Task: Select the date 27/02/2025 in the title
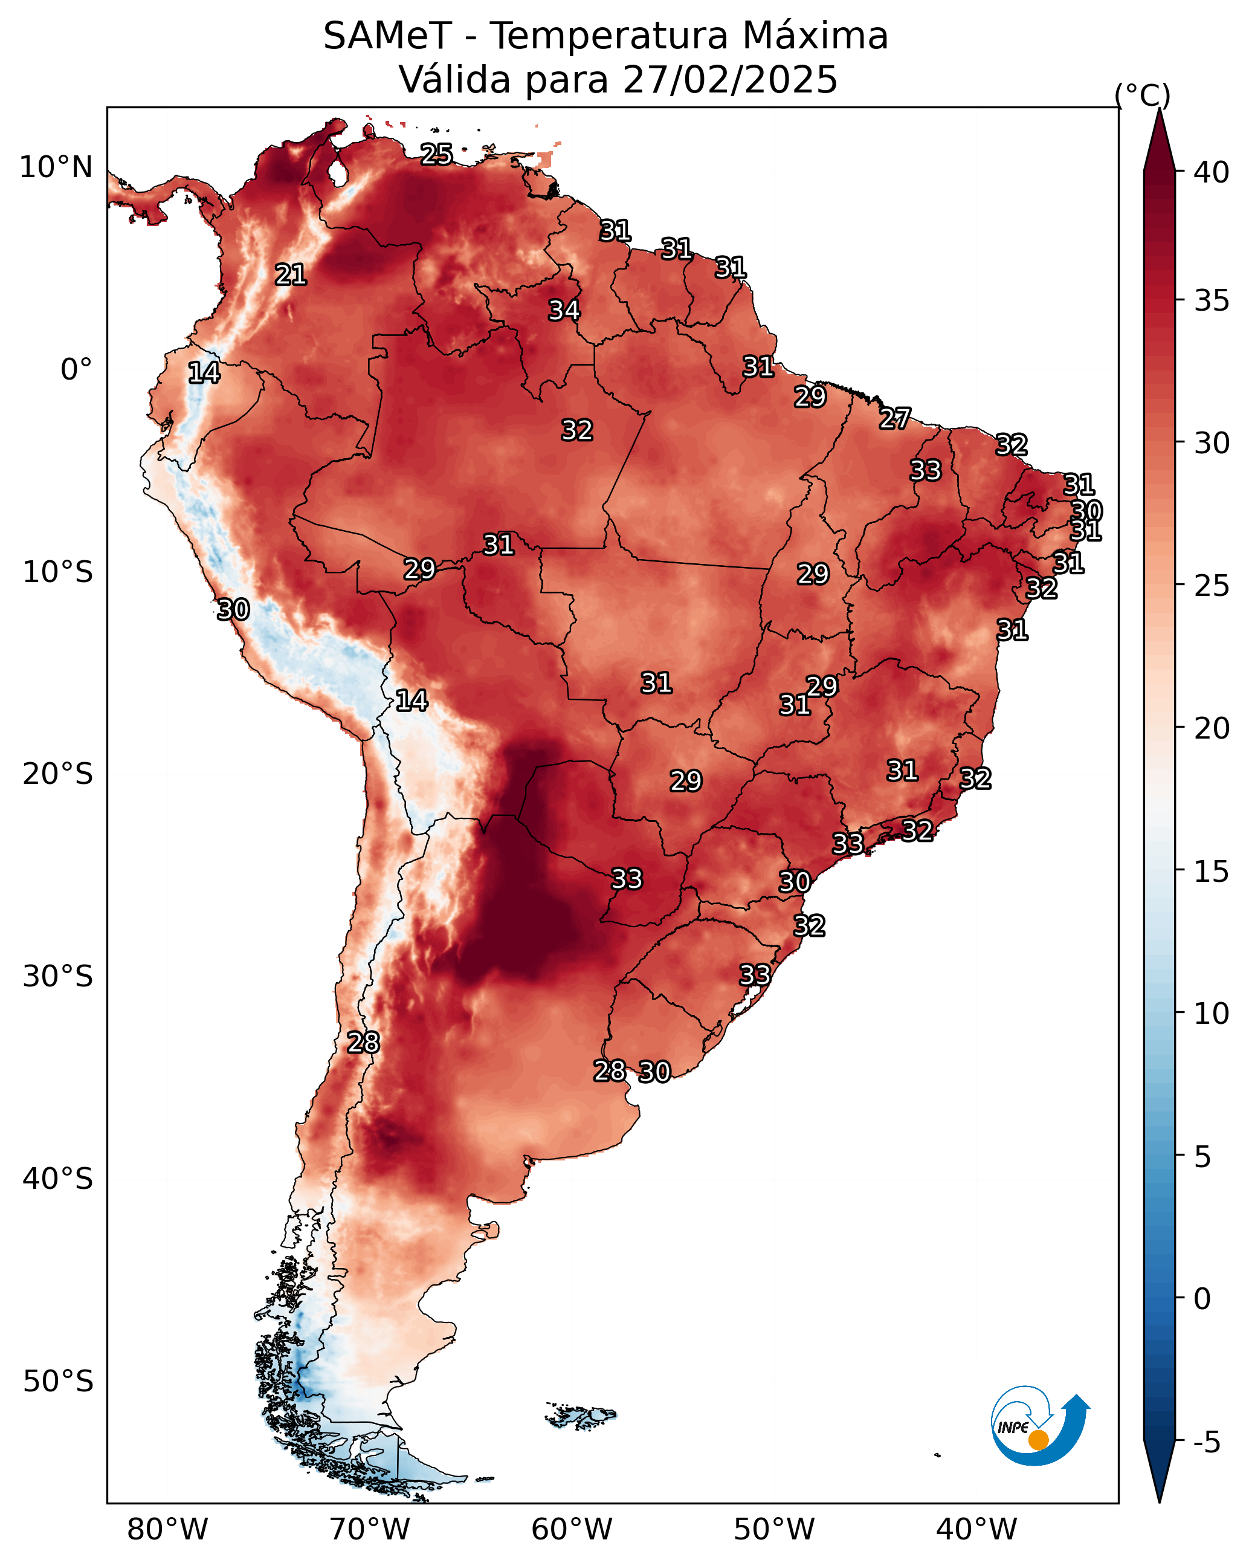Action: [x=729, y=80]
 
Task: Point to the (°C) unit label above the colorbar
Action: [x=1141, y=95]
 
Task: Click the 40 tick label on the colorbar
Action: [x=1212, y=172]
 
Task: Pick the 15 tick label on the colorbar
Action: [x=1212, y=872]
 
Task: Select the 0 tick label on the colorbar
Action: [x=1202, y=1299]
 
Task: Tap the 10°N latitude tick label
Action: [x=56, y=167]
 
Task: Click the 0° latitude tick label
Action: [x=76, y=370]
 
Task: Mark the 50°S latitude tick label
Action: [x=58, y=1382]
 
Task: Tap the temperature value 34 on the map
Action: [x=564, y=310]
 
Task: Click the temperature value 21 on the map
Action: [x=291, y=275]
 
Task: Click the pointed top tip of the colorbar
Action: [x=1159, y=109]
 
